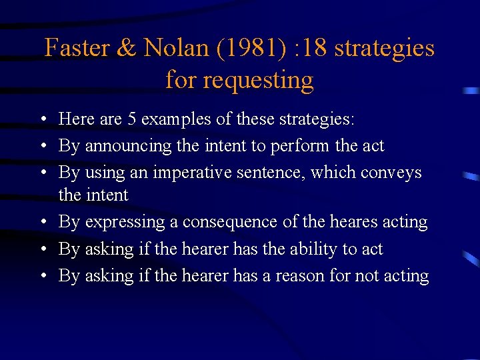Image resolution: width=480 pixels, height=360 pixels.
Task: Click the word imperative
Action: pos(194,172)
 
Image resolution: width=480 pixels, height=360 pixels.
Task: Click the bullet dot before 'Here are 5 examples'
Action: pos(42,120)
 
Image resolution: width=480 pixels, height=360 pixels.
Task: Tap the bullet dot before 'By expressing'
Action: pos(42,222)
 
